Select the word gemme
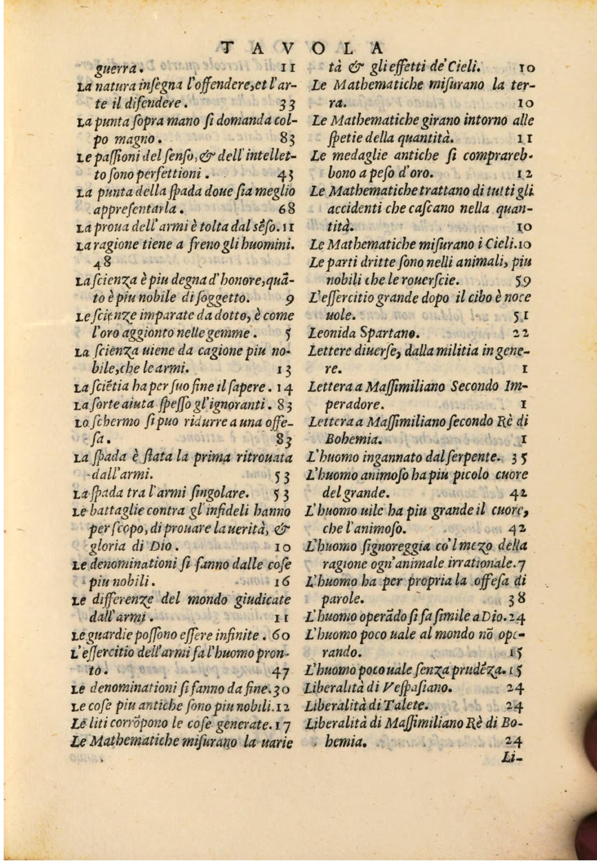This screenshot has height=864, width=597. (231, 334)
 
